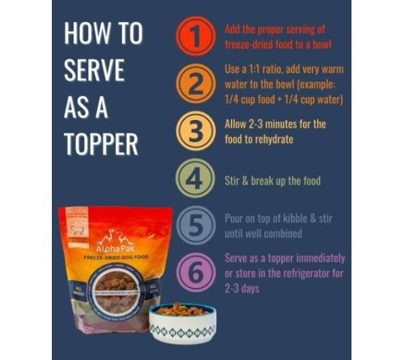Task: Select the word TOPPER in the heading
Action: [x=101, y=144]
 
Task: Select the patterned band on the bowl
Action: [x=182, y=330]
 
